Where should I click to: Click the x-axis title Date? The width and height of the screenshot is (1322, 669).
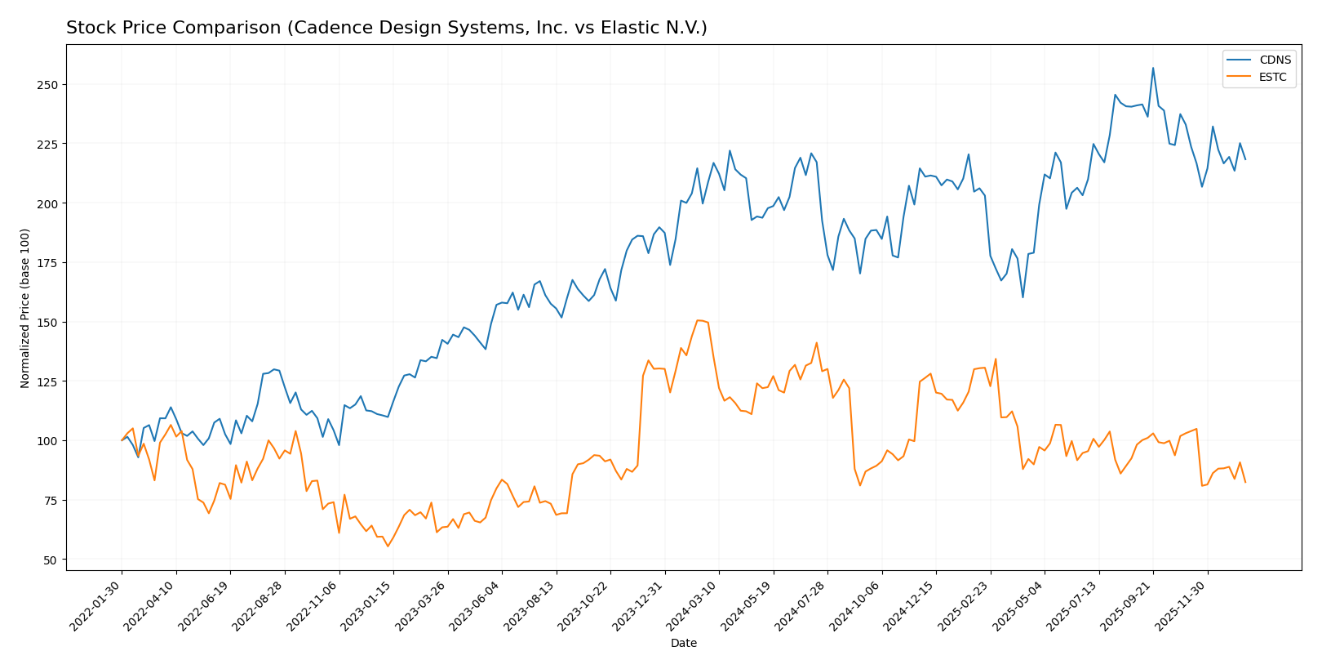684,644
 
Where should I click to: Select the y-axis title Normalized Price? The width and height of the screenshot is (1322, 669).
25,308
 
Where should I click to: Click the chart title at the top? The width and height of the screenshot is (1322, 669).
386,29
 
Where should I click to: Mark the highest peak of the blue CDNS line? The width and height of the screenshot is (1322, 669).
1153,68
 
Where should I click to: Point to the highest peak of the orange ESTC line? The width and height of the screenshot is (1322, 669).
698,320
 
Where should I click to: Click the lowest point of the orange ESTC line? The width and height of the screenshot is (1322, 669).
388,546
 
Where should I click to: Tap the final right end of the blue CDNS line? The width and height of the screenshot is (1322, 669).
1245,159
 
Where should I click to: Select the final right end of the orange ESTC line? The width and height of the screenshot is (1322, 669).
1245,482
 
